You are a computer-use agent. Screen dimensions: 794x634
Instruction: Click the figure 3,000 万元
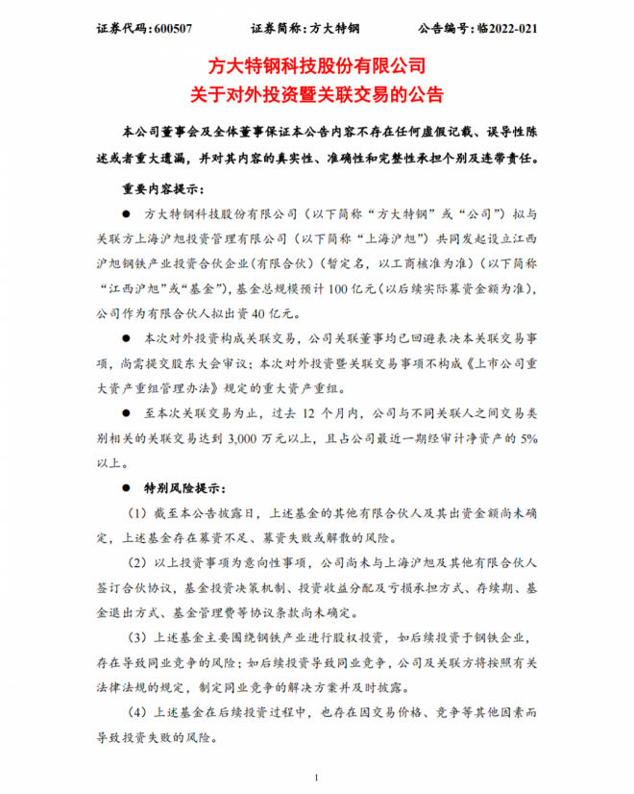(312, 438)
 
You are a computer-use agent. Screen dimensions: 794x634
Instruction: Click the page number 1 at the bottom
(317, 777)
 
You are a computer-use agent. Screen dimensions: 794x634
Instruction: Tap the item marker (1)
(134, 514)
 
